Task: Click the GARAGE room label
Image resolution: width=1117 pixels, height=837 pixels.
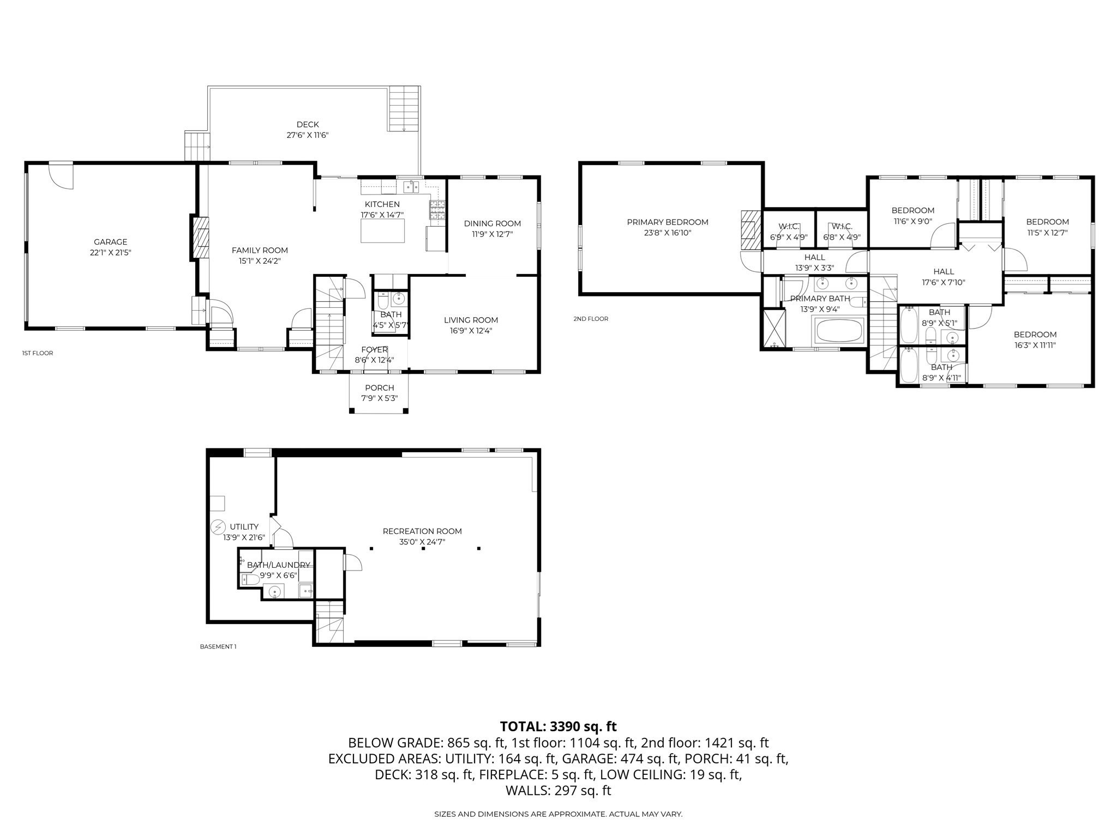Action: (110, 242)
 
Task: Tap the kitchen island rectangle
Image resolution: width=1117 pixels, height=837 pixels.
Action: (382, 229)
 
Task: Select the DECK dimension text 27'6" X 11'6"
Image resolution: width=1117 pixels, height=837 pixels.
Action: (308, 135)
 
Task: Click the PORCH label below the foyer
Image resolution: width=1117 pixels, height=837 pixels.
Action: (380, 388)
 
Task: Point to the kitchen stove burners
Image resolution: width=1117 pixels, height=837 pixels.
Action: (437, 210)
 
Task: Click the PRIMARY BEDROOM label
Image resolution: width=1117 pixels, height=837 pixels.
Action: (667, 222)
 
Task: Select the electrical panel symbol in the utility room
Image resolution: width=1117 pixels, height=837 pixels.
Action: (218, 527)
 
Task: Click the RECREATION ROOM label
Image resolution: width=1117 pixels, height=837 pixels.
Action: (422, 531)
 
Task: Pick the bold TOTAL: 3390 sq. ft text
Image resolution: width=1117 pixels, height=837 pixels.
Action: (558, 726)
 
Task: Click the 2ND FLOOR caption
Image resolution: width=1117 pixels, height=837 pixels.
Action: (590, 319)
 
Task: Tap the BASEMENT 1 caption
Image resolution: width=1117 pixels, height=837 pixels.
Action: (218, 647)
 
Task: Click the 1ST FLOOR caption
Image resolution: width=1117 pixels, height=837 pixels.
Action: (38, 353)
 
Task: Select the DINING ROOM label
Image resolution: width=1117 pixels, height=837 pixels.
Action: (492, 223)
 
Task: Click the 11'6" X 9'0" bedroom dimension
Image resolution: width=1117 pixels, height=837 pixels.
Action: (912, 221)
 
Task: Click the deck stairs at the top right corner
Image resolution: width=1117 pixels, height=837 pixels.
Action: (404, 109)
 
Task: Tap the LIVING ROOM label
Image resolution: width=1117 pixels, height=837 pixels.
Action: (471, 320)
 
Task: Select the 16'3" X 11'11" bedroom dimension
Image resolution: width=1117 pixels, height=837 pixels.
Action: (1035, 345)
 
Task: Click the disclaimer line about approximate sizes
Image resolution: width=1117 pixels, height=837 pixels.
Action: (558, 814)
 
